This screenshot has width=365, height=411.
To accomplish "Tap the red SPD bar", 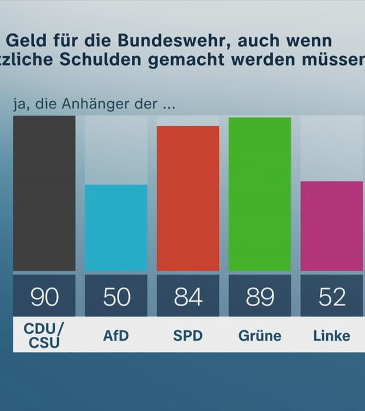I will pos(188,198).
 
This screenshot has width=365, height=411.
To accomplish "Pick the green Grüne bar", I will pos(259,194).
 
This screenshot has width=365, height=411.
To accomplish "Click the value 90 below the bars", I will pos(44,297).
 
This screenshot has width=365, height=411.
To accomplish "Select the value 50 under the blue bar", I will pos(116,297).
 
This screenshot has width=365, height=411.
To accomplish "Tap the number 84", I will pos(188,297).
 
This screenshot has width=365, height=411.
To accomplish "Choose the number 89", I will pos(259,297).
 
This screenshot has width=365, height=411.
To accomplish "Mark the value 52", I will pos(331,297).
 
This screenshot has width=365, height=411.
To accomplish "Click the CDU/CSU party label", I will pos(44,335).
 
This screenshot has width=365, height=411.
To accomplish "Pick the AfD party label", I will pos(116,336).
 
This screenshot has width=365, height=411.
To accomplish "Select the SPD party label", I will pos(188,336).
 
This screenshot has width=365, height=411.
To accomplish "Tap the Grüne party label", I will pos(259,336).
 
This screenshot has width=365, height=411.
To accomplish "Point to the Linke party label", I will pos(331,336).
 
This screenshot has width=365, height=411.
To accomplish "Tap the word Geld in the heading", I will pos(23,41).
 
